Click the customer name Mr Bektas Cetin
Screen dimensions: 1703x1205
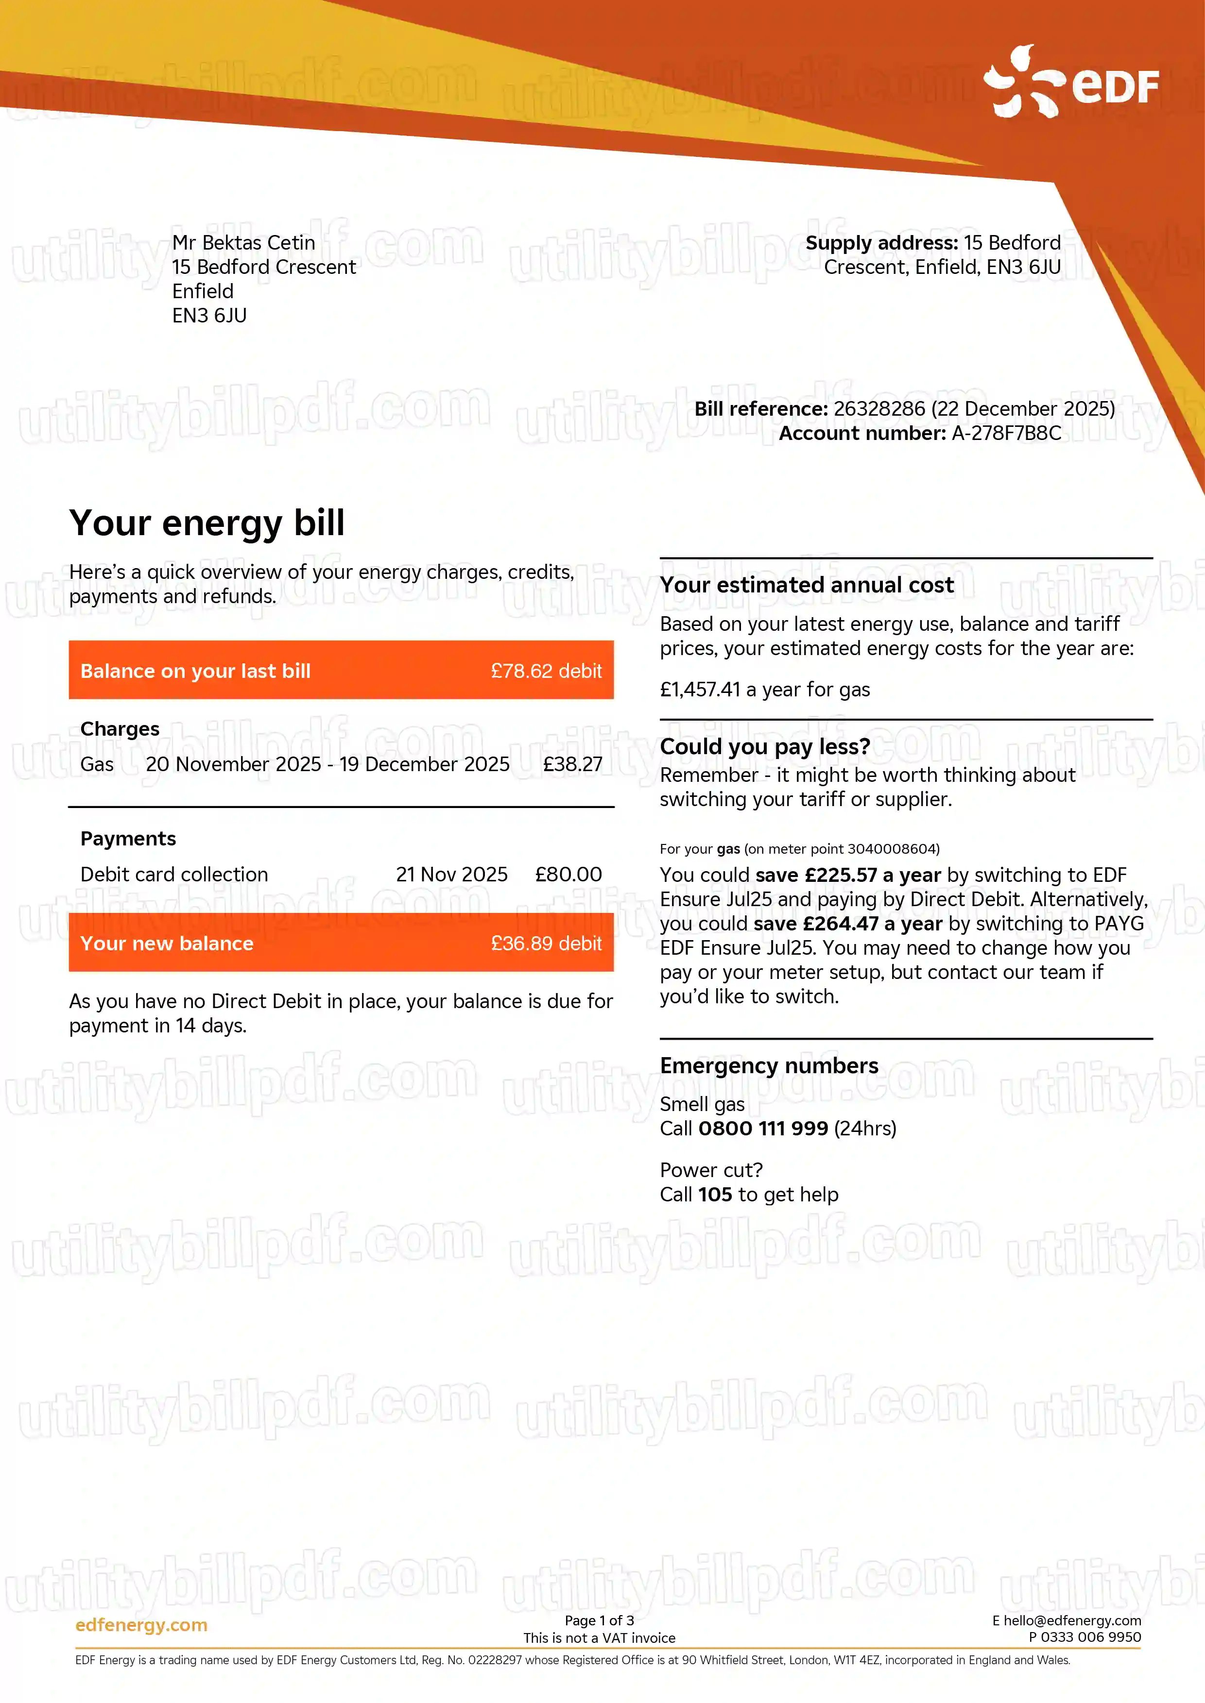tap(243, 242)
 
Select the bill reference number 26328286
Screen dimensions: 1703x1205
tap(879, 409)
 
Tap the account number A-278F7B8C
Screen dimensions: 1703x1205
tap(1006, 433)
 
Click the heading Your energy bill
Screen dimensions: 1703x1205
tap(207, 523)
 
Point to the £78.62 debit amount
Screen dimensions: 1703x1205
tap(546, 671)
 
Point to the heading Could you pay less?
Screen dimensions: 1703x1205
tap(765, 746)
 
